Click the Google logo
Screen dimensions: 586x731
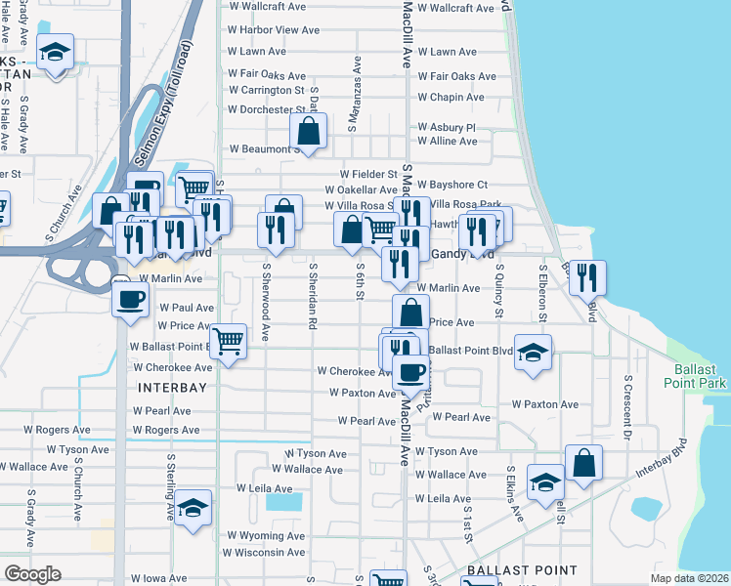(x=32, y=573)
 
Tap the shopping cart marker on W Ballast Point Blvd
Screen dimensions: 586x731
(x=228, y=342)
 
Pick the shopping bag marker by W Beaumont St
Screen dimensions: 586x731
(x=308, y=131)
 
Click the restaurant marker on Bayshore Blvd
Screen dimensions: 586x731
(x=586, y=277)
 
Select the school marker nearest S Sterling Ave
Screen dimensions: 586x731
(x=193, y=508)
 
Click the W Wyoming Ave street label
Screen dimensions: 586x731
(x=266, y=536)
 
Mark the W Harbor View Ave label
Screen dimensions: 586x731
(x=274, y=30)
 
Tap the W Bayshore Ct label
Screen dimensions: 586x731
(x=452, y=185)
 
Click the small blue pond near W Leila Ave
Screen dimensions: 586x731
(x=284, y=503)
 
